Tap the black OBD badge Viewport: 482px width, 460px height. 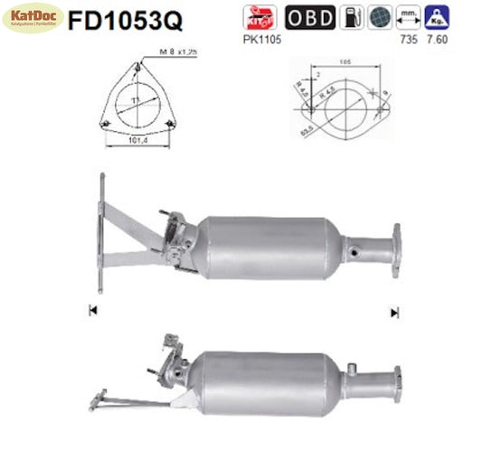(x=310, y=16)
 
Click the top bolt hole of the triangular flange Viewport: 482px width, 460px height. (x=136, y=65)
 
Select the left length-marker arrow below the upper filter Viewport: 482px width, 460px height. (x=92, y=311)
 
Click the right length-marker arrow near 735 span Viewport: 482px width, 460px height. (x=394, y=313)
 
